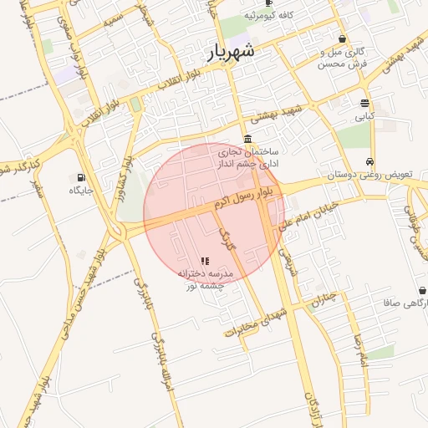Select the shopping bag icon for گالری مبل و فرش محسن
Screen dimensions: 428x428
343,38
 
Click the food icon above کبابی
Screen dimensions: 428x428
365,103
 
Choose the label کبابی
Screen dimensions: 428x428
365,118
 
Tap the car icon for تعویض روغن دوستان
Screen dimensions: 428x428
369,162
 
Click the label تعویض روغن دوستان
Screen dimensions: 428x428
369,176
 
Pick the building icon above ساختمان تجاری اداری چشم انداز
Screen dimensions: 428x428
247,139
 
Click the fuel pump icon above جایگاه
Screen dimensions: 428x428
81,177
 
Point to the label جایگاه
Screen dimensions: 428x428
83,191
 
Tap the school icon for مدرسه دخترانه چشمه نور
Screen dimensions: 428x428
206,262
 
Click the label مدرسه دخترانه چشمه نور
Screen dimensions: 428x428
206,279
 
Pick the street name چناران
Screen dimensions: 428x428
329,300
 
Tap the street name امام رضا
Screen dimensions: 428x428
361,350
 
